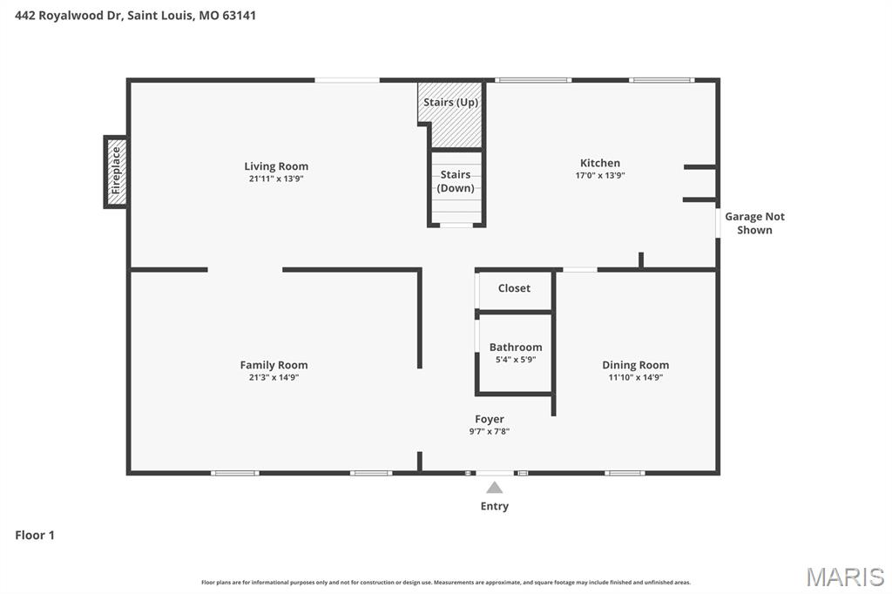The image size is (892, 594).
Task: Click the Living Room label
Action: [275, 166]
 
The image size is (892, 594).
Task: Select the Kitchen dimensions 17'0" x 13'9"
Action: [599, 175]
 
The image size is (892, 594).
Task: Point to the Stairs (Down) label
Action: [456, 181]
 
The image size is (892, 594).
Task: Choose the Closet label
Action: [514, 288]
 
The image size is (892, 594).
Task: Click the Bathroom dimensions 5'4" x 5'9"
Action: [515, 359]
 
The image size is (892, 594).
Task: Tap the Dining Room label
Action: [635, 365]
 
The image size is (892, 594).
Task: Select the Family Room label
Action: [274, 365]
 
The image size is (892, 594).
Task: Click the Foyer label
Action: [489, 419]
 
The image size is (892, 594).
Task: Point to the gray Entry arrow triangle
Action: [494, 488]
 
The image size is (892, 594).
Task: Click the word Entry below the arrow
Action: [494, 506]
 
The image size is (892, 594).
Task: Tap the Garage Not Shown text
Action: [754, 223]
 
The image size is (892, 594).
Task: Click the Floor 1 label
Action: [35, 535]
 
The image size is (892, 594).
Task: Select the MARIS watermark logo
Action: [844, 577]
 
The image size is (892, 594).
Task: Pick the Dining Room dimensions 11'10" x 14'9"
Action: [635, 377]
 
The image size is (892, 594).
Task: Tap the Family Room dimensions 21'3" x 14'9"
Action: [274, 377]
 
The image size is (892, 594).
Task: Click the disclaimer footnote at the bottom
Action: [445, 582]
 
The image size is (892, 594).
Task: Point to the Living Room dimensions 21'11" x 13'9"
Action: [275, 179]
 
